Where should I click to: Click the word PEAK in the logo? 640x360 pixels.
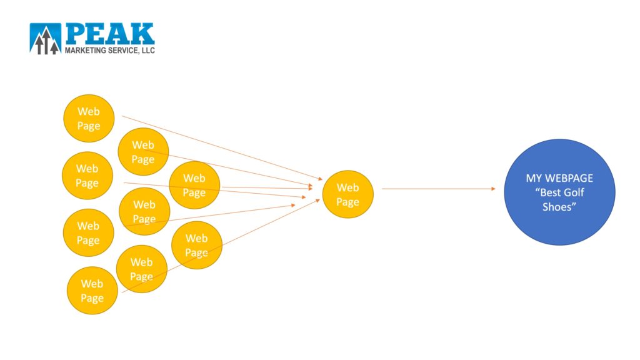click(x=110, y=34)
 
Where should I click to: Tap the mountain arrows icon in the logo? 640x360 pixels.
click(x=45, y=39)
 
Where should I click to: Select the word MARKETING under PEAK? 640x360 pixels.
click(x=85, y=50)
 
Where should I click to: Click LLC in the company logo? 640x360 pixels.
click(x=148, y=50)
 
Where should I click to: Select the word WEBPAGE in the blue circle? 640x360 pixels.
click(x=569, y=178)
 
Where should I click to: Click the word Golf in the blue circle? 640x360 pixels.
click(x=574, y=192)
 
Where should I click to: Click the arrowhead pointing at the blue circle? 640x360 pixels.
click(x=493, y=189)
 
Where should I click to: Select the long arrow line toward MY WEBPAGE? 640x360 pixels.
click(x=438, y=189)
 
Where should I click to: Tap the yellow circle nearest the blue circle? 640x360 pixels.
click(x=347, y=194)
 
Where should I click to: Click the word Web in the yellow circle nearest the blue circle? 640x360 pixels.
click(x=347, y=187)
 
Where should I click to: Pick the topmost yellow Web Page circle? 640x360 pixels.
click(x=89, y=118)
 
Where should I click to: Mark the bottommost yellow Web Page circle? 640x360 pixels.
click(x=92, y=291)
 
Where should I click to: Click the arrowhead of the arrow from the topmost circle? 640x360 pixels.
click(x=320, y=178)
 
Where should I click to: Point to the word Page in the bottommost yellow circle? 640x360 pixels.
click(x=92, y=298)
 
